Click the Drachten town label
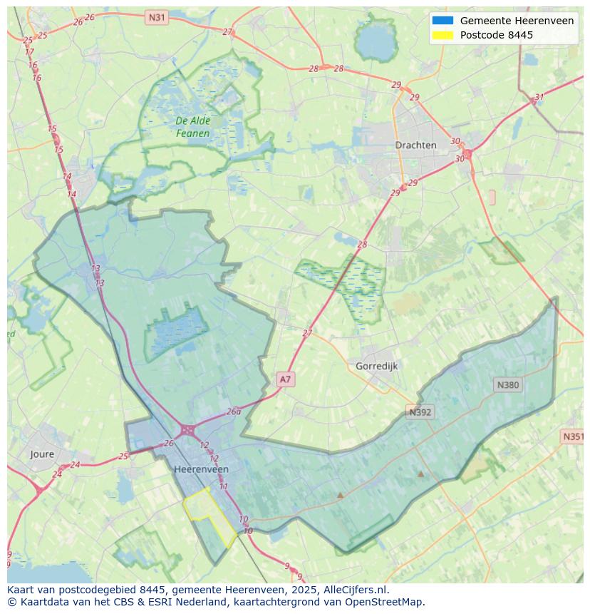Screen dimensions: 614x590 (415, 145)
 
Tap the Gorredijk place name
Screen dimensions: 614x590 (376, 366)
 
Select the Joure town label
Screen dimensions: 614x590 (42, 454)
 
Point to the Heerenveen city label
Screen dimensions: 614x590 (201, 469)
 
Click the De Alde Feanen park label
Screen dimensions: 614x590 (193, 127)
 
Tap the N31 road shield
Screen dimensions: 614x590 (156, 16)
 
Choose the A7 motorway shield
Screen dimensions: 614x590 (285, 379)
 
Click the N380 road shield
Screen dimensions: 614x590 (507, 385)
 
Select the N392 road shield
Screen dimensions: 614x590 (420, 412)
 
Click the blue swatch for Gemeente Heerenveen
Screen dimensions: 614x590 (442, 21)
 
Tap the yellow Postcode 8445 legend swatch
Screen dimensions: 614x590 (442, 35)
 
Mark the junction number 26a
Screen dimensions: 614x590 (234, 411)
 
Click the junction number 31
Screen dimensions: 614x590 (539, 97)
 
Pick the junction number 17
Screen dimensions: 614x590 (29, 52)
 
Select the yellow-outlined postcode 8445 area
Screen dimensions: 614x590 (209, 516)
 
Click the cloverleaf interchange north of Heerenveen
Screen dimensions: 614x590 (187, 430)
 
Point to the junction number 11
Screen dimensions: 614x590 (223, 486)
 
